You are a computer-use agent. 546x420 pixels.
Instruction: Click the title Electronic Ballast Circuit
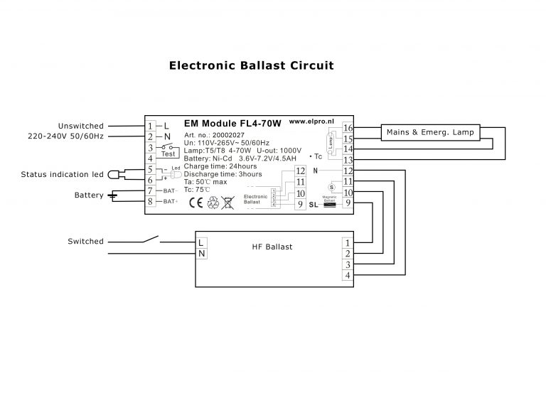[251, 65]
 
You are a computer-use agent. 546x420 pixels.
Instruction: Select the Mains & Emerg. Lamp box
[431, 132]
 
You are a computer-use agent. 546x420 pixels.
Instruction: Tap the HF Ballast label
[272, 247]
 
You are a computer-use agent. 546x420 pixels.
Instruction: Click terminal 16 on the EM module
[348, 128]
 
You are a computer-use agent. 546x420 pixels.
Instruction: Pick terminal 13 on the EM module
[348, 161]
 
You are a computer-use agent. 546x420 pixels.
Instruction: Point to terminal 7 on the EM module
[150, 190]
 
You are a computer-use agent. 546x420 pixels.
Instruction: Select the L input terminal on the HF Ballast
[202, 242]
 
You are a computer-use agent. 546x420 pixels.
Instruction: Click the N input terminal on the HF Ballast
[202, 253]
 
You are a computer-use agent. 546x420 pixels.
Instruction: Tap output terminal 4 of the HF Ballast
[347, 275]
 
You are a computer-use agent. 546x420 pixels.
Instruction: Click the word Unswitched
[81, 126]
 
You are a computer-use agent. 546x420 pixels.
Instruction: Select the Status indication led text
[62, 174]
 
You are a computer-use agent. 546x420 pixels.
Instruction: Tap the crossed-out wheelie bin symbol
[228, 203]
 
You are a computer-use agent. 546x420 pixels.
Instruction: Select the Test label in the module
[168, 154]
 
